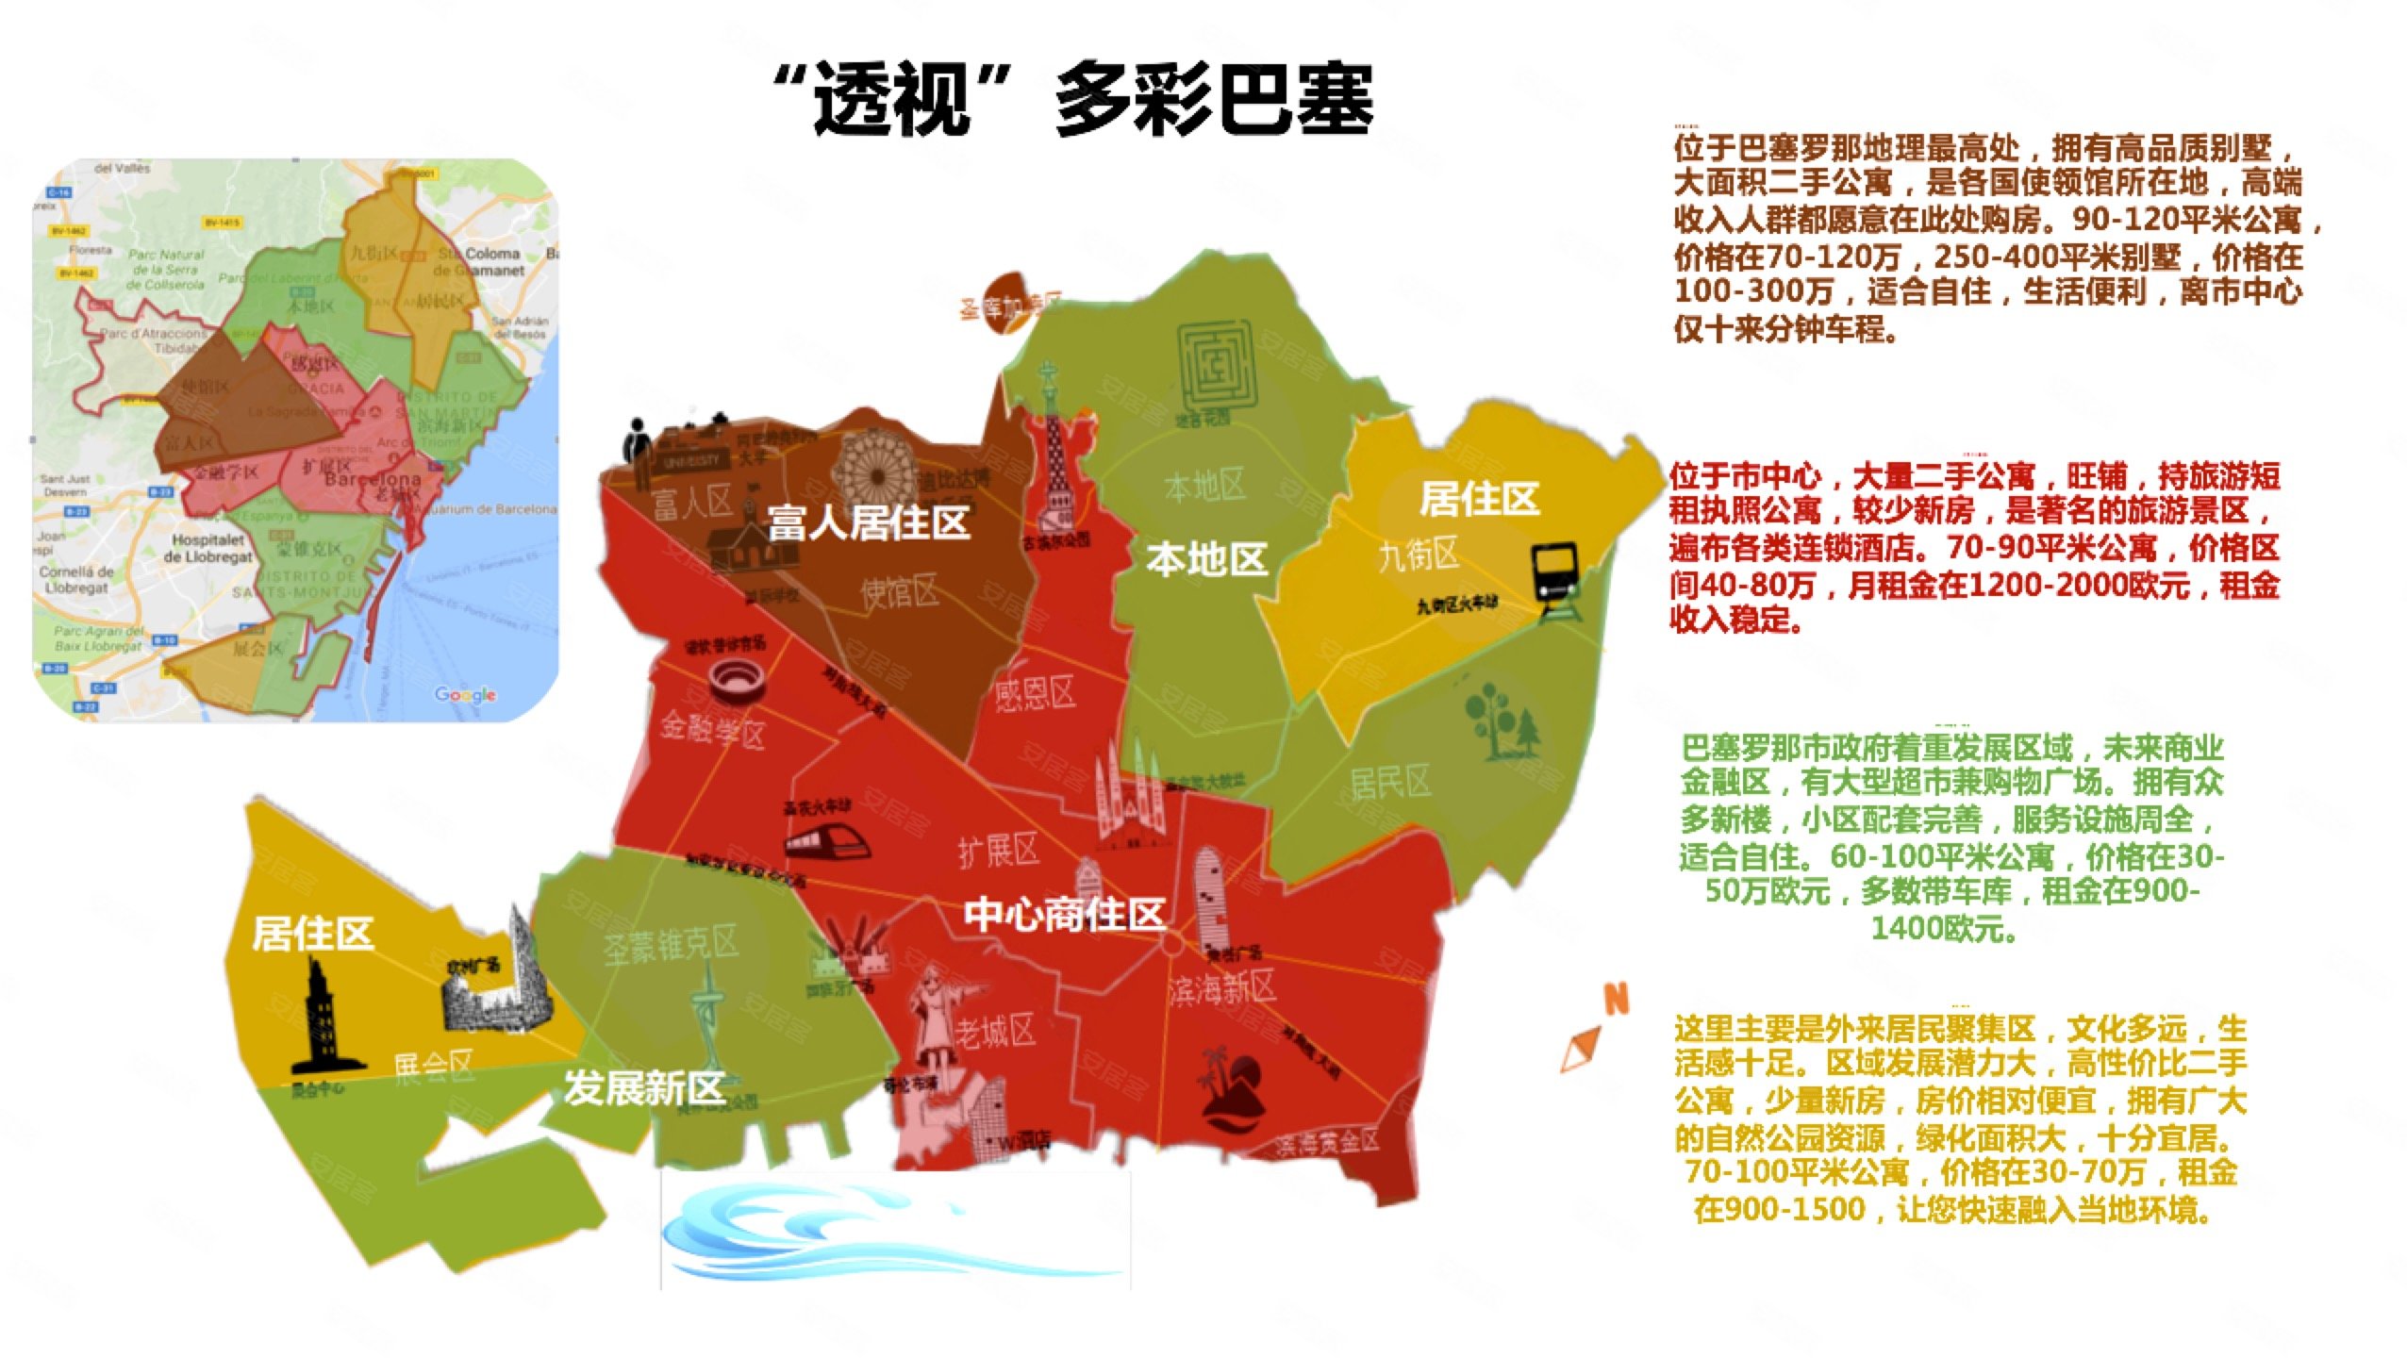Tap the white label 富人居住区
pos(869,522)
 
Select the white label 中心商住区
pos(1064,914)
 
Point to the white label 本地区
pos(1206,559)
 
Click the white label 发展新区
pos(644,1087)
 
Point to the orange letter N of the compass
pos(1617,999)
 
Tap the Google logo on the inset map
pos(465,695)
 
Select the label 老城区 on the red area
pos(995,1031)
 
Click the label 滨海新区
pos(1221,988)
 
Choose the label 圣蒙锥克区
pos(671,943)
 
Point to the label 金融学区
pos(712,730)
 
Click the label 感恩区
pos(1035,694)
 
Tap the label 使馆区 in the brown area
pos(899,592)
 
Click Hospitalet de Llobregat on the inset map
pos(207,548)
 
